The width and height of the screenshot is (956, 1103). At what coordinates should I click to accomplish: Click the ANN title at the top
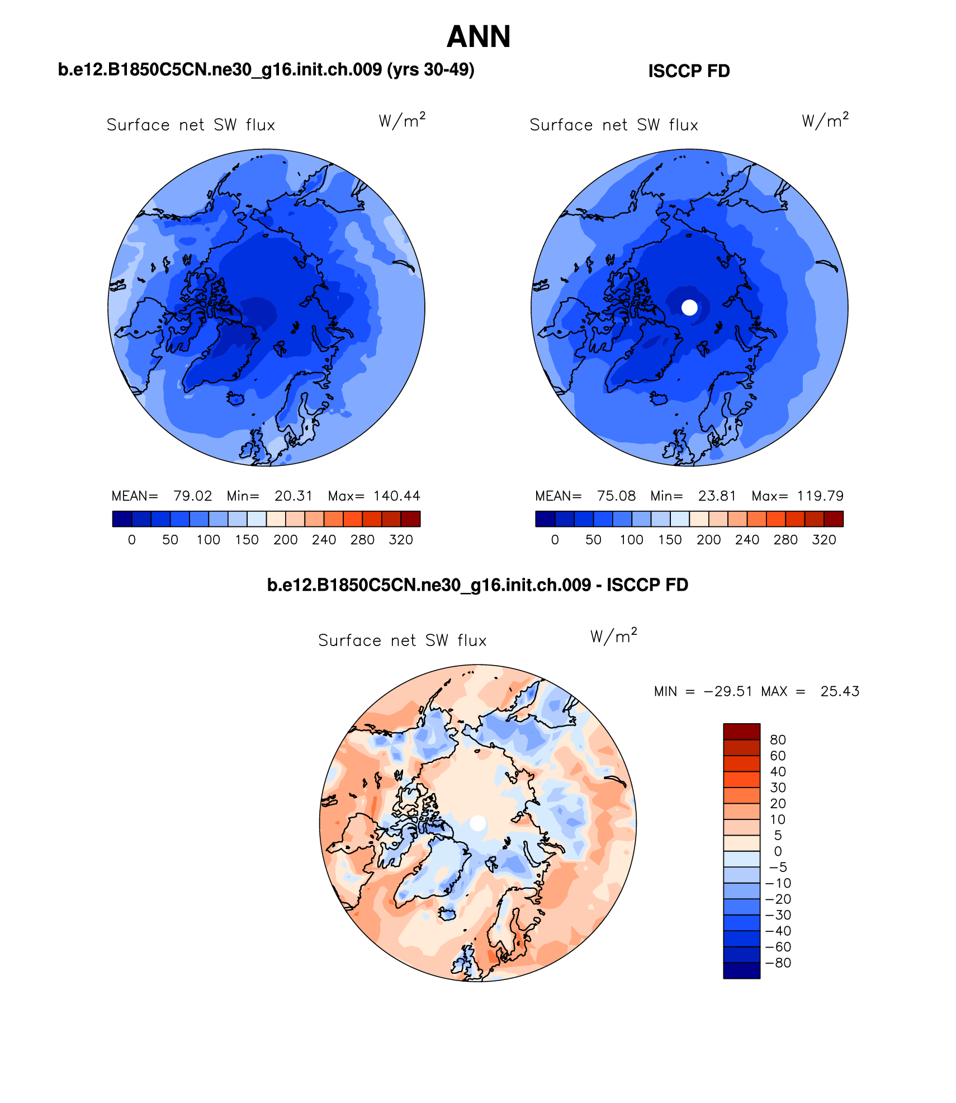point(479,37)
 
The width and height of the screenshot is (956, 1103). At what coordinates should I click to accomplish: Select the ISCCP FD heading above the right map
point(689,71)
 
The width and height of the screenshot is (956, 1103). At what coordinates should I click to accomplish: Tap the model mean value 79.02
point(192,496)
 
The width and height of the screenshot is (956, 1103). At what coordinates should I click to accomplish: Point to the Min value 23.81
point(717,496)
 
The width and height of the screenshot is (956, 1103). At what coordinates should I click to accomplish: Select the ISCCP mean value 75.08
point(616,496)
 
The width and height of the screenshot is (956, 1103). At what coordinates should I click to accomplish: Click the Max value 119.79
point(820,496)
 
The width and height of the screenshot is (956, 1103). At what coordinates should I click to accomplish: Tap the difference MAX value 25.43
point(840,691)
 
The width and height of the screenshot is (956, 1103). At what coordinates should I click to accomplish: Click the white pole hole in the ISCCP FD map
point(689,307)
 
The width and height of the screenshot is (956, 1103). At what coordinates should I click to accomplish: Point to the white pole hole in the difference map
point(478,823)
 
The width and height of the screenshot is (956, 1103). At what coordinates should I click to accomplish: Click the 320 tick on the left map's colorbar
point(401,540)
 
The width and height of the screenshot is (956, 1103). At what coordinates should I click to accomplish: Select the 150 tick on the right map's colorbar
point(670,540)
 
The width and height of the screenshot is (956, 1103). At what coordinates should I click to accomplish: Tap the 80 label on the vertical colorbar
point(778,740)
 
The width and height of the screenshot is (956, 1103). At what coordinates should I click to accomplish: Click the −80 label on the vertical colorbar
point(778,963)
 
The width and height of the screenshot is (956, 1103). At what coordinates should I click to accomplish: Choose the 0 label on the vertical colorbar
point(778,851)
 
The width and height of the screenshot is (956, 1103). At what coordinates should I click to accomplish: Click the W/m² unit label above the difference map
point(613,636)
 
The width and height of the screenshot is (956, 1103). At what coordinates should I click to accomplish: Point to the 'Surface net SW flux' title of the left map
point(191,125)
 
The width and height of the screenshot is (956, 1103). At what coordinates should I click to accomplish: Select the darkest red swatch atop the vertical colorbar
point(741,732)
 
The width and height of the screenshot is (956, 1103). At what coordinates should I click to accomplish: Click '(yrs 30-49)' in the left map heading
point(430,69)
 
